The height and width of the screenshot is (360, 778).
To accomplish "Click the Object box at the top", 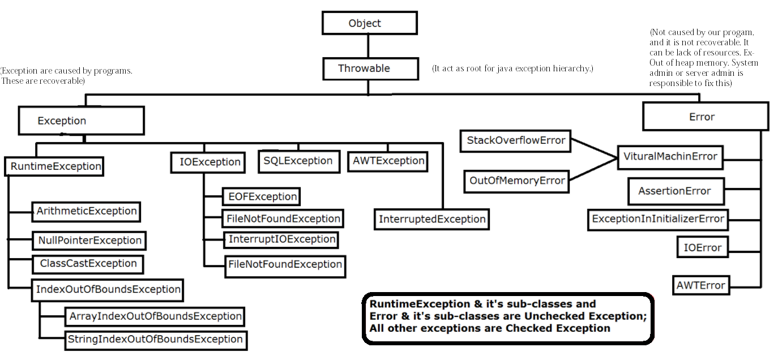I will pyautogui.click(x=369, y=23).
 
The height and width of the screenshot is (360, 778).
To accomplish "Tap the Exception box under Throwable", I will pyautogui.click(x=81, y=121).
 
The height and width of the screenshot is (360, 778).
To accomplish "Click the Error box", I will pyautogui.click(x=705, y=117).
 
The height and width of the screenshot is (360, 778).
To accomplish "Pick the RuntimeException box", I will pyautogui.click(x=55, y=166).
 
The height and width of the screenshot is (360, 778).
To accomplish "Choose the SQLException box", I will pyautogui.click(x=298, y=161).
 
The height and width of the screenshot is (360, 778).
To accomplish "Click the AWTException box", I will pyautogui.click(x=388, y=161).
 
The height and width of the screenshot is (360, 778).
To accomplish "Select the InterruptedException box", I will pyautogui.click(x=431, y=219).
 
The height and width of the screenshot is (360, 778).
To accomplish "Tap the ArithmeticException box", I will pyautogui.click(x=86, y=211).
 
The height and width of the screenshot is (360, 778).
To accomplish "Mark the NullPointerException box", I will pyautogui.click(x=89, y=240).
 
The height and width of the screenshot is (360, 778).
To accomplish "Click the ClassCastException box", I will pyautogui.click(x=87, y=264).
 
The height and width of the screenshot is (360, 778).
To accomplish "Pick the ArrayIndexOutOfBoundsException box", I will pyautogui.click(x=155, y=316).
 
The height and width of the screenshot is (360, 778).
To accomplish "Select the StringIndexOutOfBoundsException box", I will pyautogui.click(x=155, y=340).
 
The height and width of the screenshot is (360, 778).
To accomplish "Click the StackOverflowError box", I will pyautogui.click(x=516, y=140).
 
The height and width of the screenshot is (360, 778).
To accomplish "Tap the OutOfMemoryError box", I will pyautogui.click(x=517, y=181).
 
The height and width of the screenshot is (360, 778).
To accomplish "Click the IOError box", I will pyautogui.click(x=703, y=248).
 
